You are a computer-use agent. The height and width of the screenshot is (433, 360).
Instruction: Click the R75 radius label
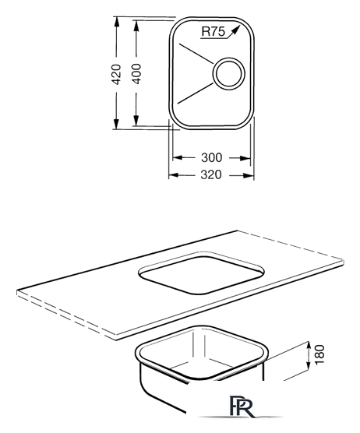point(213,31)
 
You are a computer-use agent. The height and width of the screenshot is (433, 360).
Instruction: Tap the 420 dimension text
point(116,74)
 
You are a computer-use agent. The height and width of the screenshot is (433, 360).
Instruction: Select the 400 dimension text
point(136,74)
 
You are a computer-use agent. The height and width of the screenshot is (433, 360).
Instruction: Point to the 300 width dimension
point(212,157)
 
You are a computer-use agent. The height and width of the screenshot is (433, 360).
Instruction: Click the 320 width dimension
point(211,174)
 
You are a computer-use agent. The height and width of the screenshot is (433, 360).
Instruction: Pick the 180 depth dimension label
point(319,354)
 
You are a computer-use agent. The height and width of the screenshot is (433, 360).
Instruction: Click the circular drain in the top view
point(228,73)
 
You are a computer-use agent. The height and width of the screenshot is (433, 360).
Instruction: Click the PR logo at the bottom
point(242,406)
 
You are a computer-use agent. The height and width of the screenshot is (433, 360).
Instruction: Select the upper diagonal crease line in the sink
point(196,54)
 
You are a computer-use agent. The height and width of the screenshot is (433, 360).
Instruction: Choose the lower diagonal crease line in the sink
point(196,93)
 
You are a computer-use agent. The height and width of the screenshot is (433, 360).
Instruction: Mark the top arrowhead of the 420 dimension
point(116,22)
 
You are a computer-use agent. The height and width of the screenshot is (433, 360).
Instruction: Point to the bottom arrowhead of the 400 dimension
point(136,121)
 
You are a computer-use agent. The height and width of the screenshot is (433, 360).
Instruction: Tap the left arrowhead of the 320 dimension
point(174,175)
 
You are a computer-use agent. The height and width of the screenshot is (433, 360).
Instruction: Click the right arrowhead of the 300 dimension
point(245,158)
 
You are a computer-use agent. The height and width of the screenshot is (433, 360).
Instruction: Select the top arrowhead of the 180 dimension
point(307,347)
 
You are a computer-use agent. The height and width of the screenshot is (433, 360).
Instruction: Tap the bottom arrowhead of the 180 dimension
point(307,366)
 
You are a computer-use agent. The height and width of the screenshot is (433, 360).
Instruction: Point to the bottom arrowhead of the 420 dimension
point(116,124)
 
